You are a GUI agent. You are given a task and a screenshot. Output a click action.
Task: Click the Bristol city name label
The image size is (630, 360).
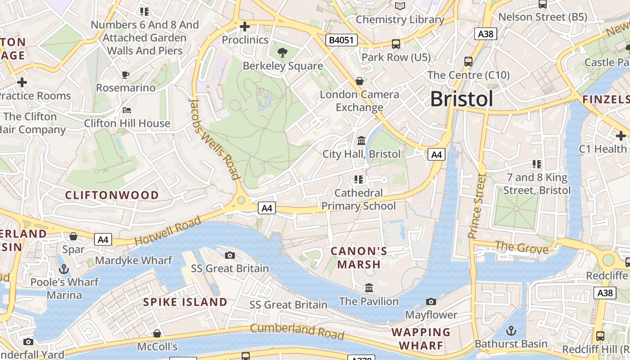461,99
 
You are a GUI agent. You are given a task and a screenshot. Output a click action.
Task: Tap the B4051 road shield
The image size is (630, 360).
342,40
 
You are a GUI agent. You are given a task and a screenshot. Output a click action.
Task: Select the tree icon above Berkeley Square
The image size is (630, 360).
283,53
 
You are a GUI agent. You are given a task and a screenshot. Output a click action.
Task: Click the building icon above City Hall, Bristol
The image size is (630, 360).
361,141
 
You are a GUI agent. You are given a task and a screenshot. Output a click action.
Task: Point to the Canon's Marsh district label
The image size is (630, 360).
359,257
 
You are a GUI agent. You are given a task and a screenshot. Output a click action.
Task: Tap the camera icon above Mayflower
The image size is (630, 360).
431,301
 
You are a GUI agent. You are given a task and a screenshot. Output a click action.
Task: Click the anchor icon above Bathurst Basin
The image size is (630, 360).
511,331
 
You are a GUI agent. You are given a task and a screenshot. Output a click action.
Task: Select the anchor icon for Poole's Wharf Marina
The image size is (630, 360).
64,269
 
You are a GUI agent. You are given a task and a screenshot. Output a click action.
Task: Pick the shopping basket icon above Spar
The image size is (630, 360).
73,236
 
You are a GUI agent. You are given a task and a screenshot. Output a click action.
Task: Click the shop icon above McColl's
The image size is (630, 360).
157,333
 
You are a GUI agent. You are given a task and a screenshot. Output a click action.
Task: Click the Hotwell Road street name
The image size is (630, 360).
167,231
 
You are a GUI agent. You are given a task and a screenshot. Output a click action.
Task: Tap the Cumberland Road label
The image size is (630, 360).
297,331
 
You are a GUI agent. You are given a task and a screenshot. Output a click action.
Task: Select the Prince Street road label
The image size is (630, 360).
477,206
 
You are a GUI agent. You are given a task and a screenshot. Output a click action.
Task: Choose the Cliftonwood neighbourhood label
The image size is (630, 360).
112,195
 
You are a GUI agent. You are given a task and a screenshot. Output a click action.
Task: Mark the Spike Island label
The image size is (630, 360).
185,302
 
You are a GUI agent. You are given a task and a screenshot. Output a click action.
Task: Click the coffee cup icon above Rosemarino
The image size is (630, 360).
126,75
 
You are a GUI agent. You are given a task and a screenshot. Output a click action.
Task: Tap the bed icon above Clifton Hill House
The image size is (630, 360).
127,110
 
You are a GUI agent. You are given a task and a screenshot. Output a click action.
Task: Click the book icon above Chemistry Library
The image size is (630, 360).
400,6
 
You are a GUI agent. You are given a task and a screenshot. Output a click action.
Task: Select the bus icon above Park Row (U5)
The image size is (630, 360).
396,44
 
